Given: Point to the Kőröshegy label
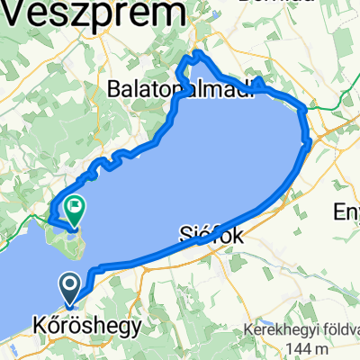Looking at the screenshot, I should pos(86,327).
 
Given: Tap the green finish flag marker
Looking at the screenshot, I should pos(74,210).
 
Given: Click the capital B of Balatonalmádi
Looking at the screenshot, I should pos(113,88).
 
